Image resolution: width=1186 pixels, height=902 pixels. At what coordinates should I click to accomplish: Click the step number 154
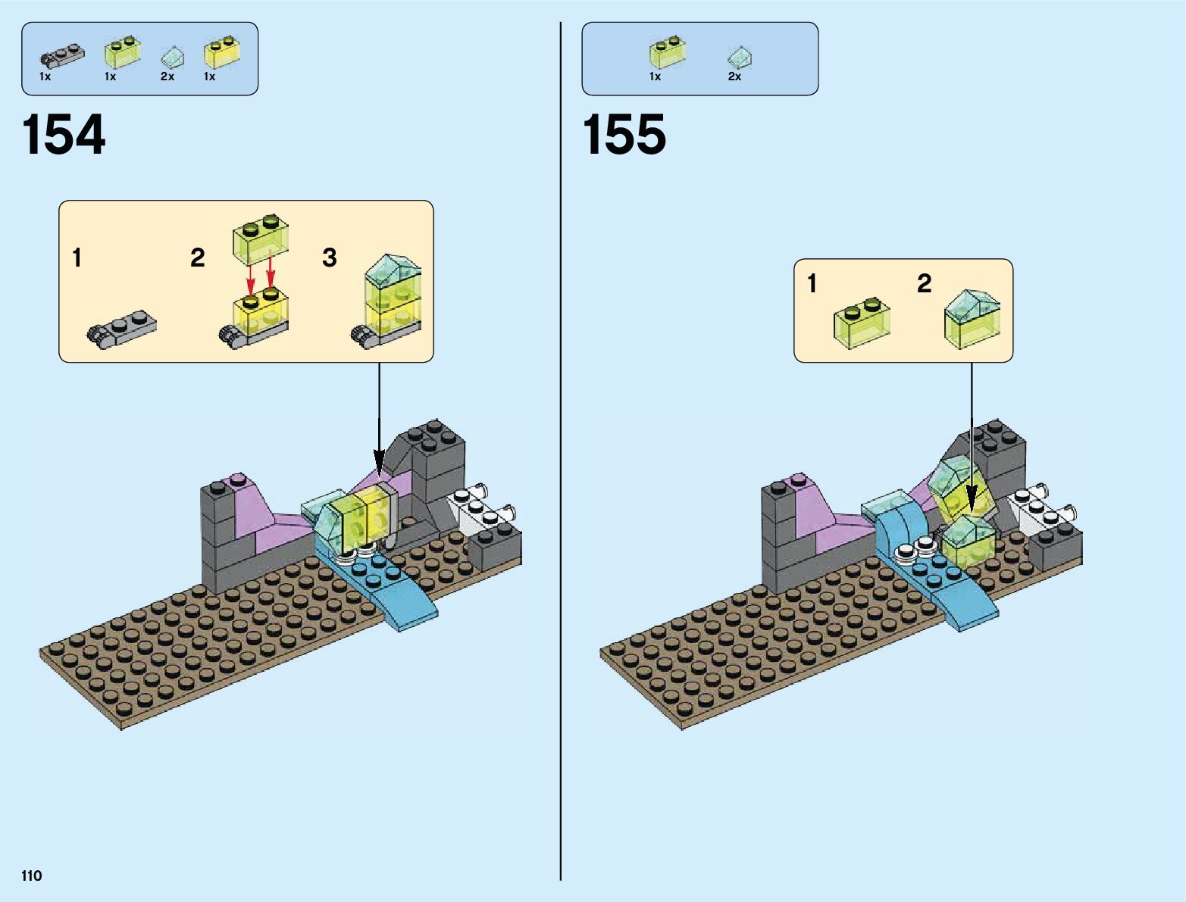coord(64,136)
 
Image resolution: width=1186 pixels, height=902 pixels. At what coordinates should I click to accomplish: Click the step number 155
coord(624,136)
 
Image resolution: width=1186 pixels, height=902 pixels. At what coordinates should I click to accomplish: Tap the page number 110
coord(32,876)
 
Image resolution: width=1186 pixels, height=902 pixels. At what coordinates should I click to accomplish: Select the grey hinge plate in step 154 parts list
coord(61,54)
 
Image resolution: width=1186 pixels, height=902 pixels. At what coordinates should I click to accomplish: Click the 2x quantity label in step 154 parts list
coord(167,76)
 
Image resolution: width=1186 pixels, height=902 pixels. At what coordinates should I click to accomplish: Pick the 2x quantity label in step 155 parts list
coord(734,76)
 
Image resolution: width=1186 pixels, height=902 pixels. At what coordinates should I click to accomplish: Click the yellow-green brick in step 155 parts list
coord(667,52)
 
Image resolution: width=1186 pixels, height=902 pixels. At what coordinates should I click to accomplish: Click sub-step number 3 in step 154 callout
coord(329,258)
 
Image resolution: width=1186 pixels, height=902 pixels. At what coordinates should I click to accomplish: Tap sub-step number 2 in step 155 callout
coord(924,284)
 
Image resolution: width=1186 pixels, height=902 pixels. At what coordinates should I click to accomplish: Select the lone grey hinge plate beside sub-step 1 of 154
coord(122,327)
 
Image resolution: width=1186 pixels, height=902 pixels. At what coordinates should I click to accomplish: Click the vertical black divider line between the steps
coord(561,454)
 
